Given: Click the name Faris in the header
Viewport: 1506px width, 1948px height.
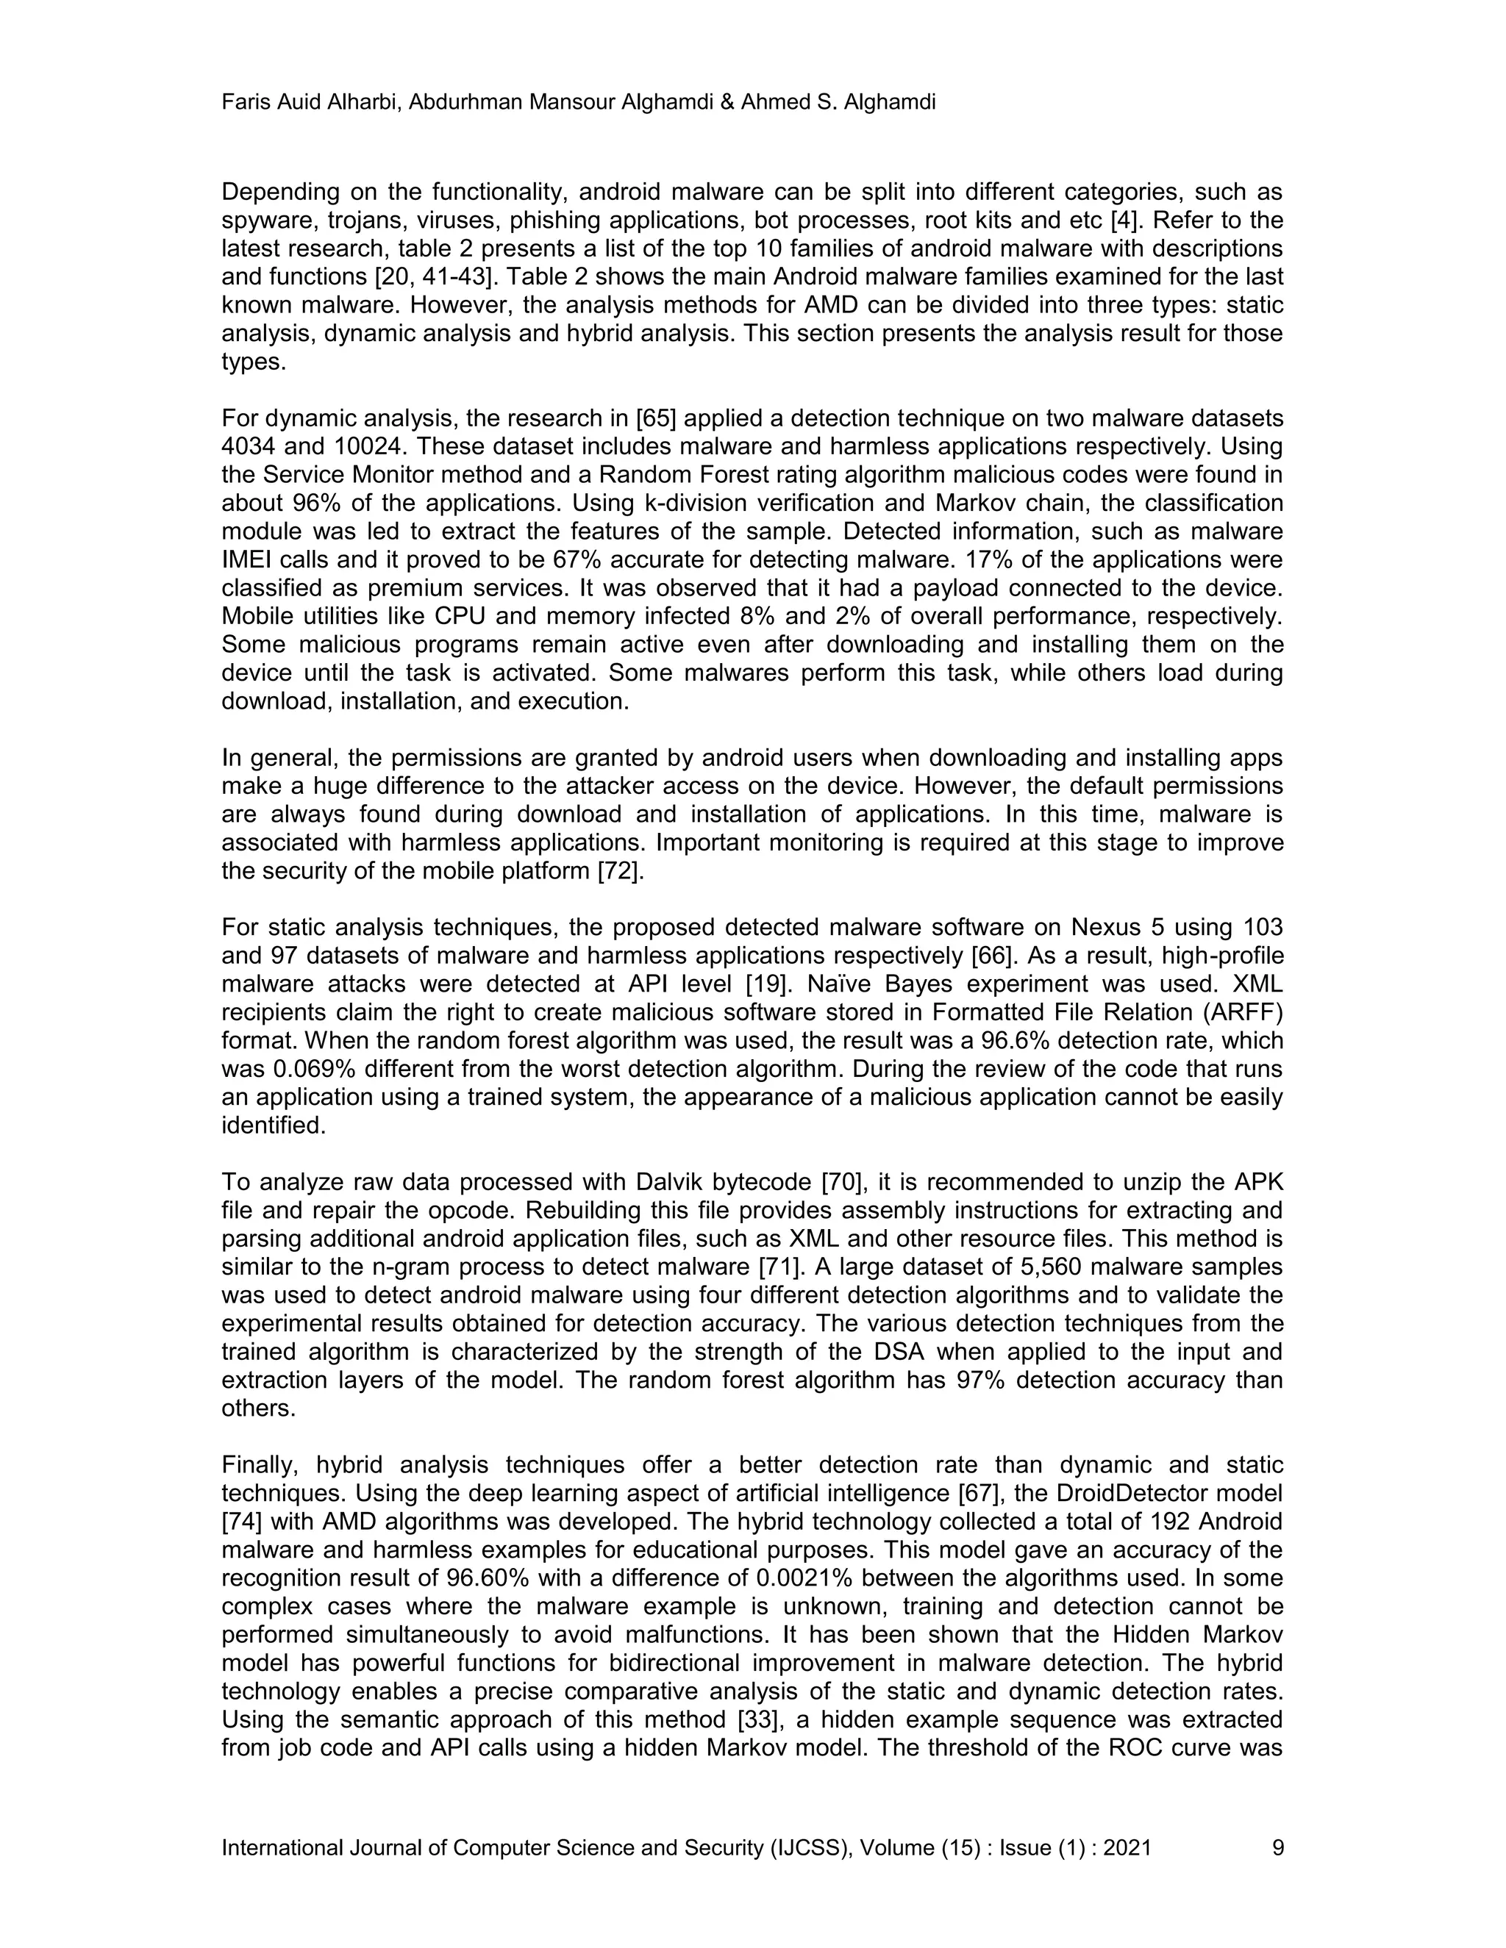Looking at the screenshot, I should tap(243, 103).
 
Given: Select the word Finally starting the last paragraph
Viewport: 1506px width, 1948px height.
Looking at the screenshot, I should tap(260, 1466).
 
